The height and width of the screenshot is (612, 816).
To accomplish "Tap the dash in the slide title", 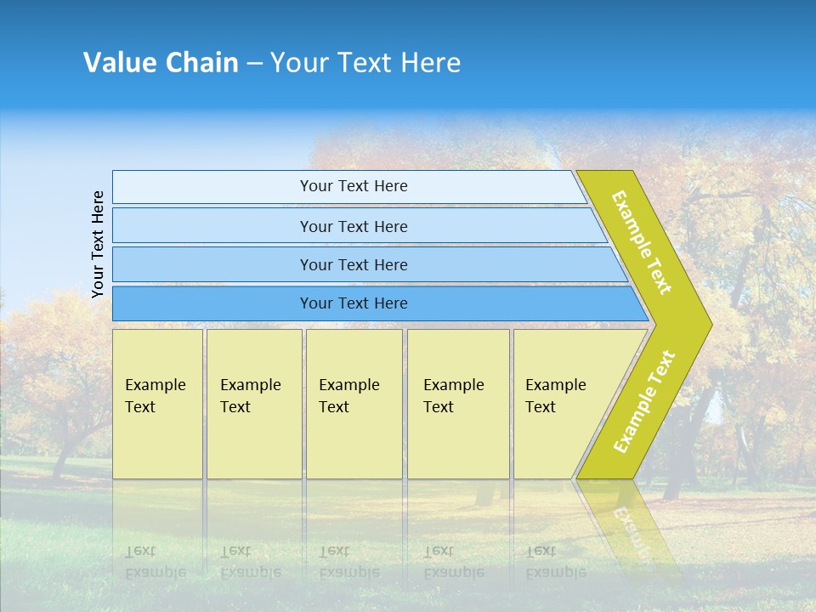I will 254,64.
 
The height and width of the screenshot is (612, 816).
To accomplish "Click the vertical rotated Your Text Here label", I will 98,244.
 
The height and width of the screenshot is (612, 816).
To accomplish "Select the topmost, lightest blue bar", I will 353,186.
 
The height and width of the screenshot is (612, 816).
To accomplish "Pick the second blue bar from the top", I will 353,226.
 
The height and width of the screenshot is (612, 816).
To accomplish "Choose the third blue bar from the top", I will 353,264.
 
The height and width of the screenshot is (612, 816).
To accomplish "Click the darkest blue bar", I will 353,303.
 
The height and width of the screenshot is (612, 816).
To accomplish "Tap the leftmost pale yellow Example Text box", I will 157,404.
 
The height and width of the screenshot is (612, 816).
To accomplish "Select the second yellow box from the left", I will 253,404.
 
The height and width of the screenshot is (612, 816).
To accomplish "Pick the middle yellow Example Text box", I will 354,404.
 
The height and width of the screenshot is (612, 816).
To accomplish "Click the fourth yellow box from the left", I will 457,404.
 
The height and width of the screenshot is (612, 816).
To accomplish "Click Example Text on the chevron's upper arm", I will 642,242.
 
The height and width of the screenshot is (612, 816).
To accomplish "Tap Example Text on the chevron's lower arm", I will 644,402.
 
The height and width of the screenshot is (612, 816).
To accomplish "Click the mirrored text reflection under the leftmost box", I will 155,561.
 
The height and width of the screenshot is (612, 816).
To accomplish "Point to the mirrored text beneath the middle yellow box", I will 348,561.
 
